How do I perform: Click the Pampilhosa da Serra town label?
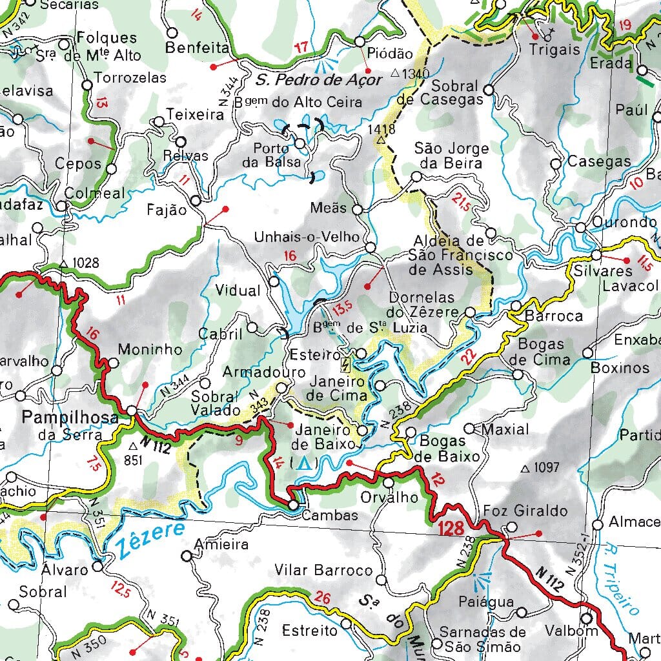coord(70,425)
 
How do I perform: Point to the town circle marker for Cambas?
coord(294,505)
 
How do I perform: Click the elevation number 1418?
coord(381,128)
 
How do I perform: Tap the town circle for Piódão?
coord(360,41)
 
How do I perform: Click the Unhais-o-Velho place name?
coord(307,237)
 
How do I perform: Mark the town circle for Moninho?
coord(112,363)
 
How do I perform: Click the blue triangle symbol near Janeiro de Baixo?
coord(303,463)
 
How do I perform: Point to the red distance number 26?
coord(323,598)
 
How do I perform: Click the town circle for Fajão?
coord(196,200)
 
